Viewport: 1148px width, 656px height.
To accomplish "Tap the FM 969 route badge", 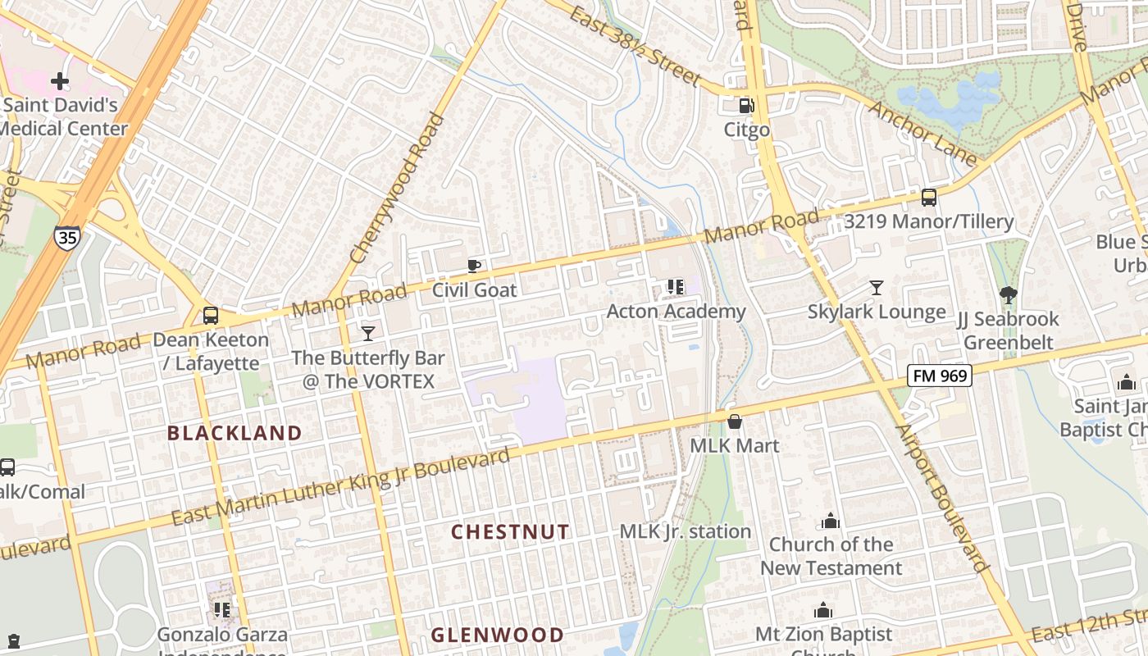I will point(939,376).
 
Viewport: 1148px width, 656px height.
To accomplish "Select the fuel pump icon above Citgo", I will point(746,106).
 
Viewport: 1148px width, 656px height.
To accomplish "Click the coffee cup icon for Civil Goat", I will point(474,265).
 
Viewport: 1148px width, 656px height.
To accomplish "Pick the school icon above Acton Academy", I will point(676,286).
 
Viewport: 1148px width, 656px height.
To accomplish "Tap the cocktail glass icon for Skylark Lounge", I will point(877,287).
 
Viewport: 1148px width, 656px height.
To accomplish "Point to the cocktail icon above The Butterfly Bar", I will point(368,333).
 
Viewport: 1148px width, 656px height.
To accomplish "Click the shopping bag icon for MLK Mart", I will point(735,421).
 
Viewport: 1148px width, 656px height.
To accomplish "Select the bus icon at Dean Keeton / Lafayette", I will point(211,316).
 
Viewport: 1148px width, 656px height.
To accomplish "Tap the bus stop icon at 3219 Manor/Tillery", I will point(928,197).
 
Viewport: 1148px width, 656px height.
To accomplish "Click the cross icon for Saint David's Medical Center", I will point(59,81).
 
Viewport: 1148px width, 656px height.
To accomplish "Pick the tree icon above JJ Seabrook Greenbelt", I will point(1009,295).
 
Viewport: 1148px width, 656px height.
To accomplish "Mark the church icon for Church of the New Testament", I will point(831,521).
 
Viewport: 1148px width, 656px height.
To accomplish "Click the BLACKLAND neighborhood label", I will point(235,433).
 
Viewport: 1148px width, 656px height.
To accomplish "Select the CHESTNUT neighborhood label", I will point(510,531).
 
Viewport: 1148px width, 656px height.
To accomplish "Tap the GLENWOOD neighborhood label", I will point(497,635).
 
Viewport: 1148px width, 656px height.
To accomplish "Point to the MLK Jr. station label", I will point(685,531).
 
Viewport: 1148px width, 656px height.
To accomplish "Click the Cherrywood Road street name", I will point(397,199).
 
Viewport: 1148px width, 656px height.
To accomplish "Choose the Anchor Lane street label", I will point(923,133).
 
